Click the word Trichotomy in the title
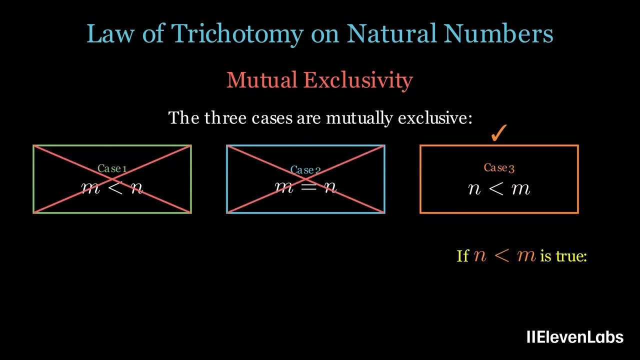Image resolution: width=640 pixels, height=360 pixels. [x=237, y=34]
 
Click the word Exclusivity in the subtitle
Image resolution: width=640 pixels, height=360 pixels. [x=358, y=80]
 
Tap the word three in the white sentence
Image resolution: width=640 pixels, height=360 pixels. [x=224, y=118]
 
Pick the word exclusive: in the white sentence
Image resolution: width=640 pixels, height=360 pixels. [x=434, y=118]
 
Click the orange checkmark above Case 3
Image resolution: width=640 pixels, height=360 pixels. [x=498, y=134]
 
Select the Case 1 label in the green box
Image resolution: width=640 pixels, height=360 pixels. [x=112, y=169]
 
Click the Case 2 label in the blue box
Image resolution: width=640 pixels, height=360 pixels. [x=305, y=170]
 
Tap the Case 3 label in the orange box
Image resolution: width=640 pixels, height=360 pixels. [x=499, y=168]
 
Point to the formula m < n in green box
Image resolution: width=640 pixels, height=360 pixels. [x=112, y=188]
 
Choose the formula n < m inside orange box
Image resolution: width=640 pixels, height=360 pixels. [x=499, y=188]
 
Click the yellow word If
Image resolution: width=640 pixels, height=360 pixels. [x=462, y=256]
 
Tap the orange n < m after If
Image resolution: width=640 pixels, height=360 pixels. [x=504, y=256]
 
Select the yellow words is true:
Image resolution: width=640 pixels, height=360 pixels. [x=563, y=256]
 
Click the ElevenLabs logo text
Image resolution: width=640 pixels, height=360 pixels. [x=575, y=337]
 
